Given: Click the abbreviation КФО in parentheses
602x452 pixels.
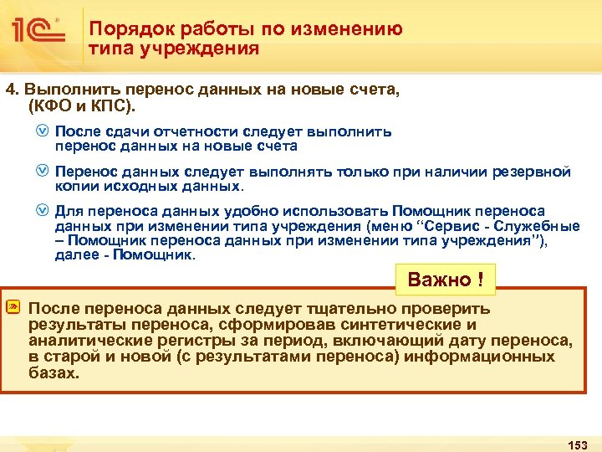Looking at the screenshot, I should pos(54,108).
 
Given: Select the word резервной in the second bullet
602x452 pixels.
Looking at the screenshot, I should pos(533,172).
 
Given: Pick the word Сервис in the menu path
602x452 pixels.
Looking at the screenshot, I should pos(452,225).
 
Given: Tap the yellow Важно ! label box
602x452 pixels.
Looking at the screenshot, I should pos(445,280).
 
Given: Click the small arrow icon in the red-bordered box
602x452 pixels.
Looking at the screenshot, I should pos(13,309).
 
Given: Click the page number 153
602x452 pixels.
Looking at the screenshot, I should pos(578,443).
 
